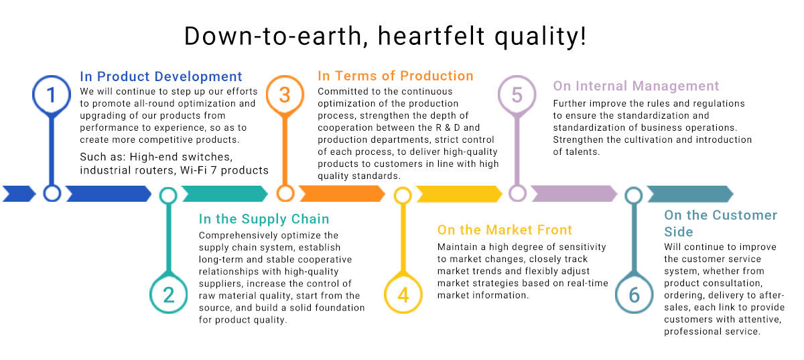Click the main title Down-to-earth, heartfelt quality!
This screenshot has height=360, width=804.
click(385, 36)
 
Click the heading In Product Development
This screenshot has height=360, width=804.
click(161, 76)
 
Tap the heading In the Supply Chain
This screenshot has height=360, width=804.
click(264, 219)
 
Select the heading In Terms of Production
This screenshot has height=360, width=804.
click(395, 76)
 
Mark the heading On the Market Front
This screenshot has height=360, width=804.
click(505, 229)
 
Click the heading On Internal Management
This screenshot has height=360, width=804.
click(636, 86)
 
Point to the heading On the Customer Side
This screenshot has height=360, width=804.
click(721, 223)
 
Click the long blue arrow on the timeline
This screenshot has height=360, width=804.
click(109, 194)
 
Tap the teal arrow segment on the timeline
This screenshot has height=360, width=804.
click(225, 194)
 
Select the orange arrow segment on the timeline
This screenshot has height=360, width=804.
click(342, 194)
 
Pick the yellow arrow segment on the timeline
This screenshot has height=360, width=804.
click(460, 194)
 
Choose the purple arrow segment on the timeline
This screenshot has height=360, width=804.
click(574, 194)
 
